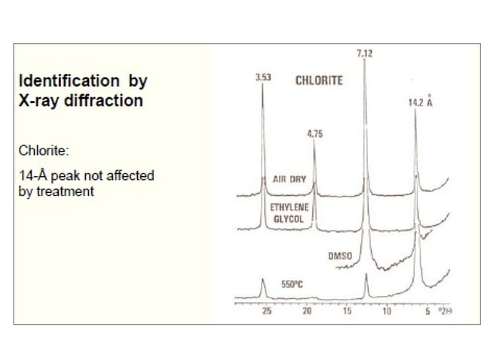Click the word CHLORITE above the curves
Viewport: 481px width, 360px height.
(319, 80)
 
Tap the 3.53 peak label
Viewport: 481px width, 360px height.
(262, 78)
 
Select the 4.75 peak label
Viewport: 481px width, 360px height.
(314, 134)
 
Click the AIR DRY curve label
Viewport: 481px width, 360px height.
(287, 180)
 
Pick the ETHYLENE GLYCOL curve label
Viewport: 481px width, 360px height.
(288, 211)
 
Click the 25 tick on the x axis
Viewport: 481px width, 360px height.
(266, 311)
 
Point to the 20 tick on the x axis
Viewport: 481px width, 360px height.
(307, 311)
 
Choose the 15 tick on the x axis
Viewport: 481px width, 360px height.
(347, 311)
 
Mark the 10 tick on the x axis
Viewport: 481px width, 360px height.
(387, 311)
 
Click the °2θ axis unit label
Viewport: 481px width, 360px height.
(446, 311)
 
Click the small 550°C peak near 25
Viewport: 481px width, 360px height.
(263, 282)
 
